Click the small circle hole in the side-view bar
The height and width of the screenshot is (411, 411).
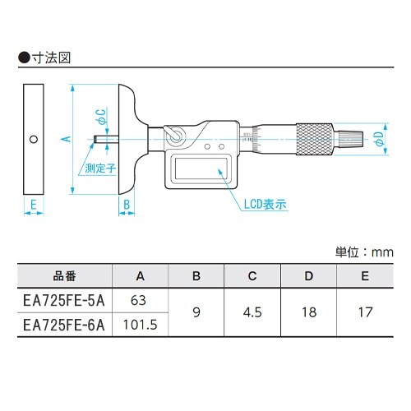[33, 139]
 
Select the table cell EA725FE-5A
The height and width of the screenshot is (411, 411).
[62, 299]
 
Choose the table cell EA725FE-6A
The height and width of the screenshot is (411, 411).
[62, 325]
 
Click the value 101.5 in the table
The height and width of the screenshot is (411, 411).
[141, 325]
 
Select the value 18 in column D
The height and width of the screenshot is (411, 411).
[307, 312]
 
